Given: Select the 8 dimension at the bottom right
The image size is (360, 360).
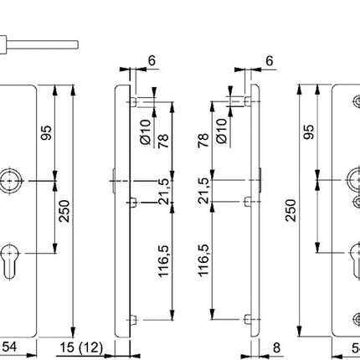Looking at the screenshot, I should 276,347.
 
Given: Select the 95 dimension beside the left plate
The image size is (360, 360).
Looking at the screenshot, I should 48,133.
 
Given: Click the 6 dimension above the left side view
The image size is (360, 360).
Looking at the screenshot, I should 151,61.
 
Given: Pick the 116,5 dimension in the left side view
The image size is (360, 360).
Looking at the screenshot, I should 164,260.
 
